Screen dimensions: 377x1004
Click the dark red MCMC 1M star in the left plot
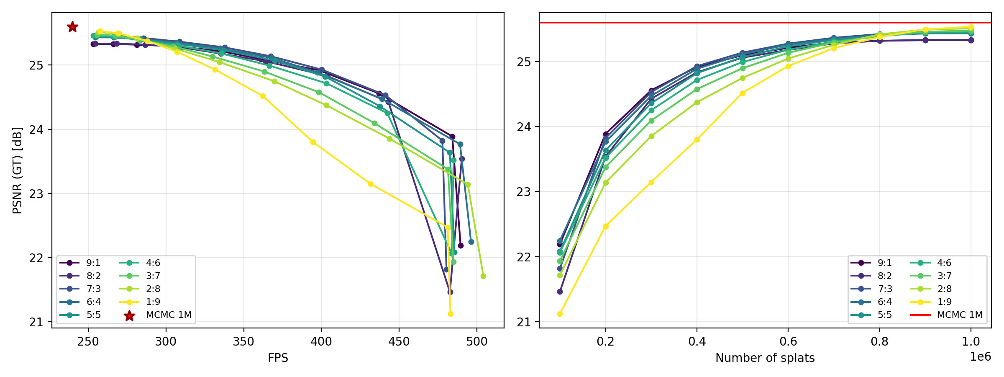tap(72, 27)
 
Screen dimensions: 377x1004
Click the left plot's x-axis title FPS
tap(278, 358)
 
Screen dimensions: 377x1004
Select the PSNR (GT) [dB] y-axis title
tap(17, 170)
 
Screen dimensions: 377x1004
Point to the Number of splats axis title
tap(765, 358)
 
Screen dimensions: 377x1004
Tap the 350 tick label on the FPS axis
tap(243, 342)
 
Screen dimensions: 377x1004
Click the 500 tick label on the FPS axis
tap(477, 342)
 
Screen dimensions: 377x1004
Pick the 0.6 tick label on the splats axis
tap(788, 342)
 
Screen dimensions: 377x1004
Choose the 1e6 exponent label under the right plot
tap(980, 356)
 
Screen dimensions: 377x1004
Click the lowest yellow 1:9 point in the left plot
tap(451, 314)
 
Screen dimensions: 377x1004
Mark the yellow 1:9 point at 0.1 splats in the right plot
tap(560, 314)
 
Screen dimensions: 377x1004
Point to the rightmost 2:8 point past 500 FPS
tap(483, 276)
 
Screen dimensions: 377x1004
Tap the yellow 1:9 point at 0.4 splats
tap(697, 139)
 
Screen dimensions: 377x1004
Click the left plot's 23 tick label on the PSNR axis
tap(37, 194)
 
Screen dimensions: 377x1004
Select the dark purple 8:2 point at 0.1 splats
tap(560, 292)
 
